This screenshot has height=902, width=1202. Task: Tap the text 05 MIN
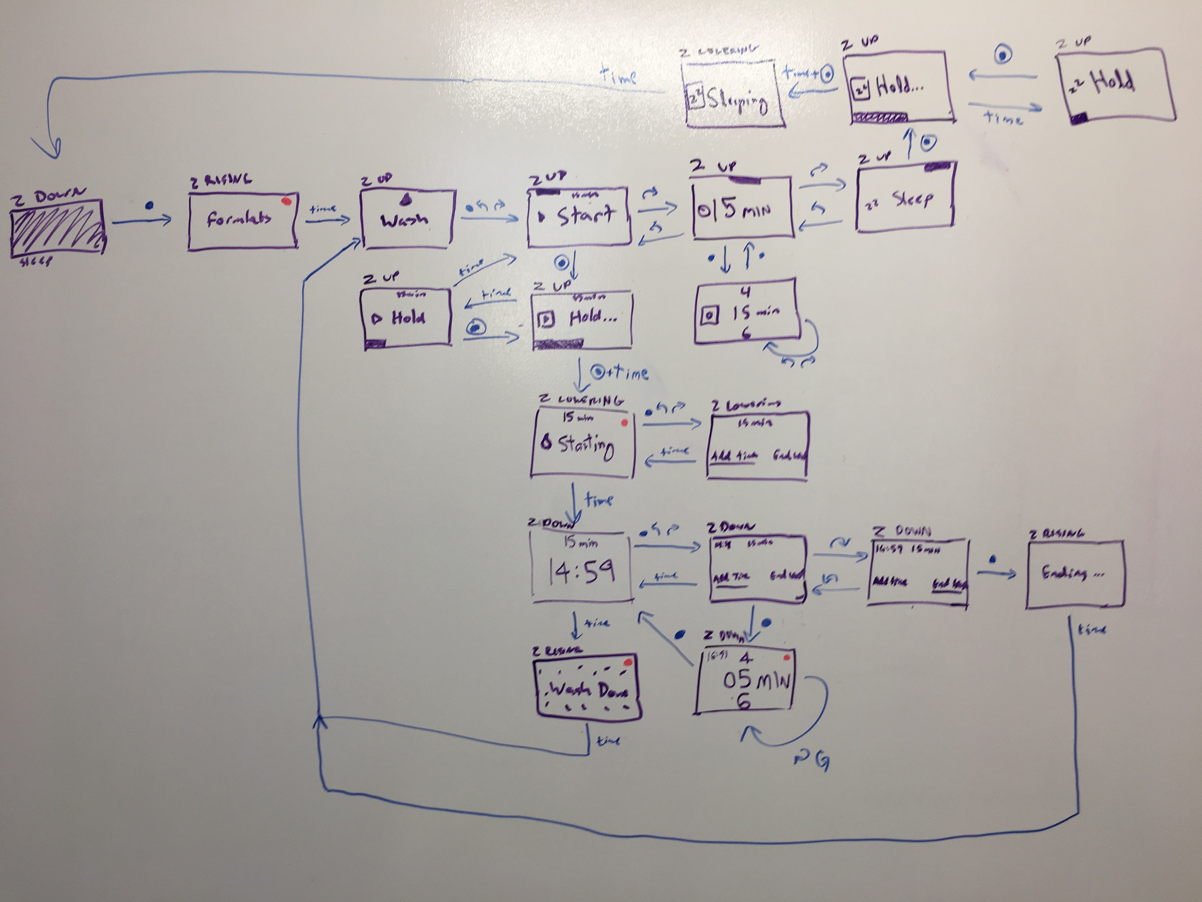click(756, 681)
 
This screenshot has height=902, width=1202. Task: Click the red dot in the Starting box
click(624, 422)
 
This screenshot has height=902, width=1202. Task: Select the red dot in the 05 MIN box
click(786, 658)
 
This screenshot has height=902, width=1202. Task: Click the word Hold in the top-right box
click(1113, 83)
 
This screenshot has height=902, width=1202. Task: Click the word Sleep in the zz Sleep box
click(913, 200)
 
